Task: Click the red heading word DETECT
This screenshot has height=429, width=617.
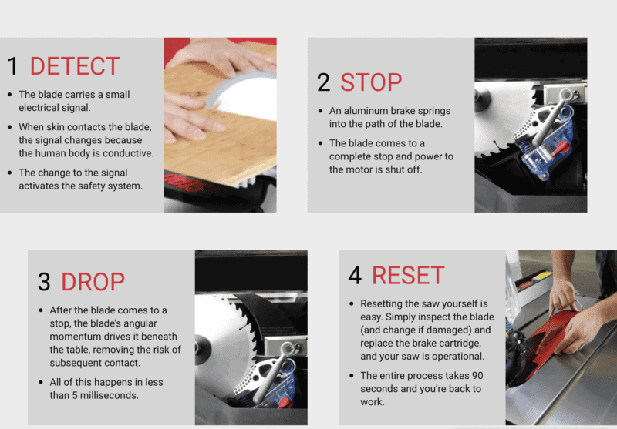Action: (x=75, y=66)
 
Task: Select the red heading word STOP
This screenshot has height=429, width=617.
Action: (x=371, y=82)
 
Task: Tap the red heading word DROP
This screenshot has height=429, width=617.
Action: (x=93, y=281)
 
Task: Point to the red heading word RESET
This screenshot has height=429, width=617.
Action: (x=407, y=276)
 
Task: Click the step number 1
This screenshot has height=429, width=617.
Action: (x=12, y=66)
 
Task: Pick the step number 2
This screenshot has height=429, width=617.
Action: (x=325, y=82)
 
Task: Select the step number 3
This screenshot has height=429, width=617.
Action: (x=44, y=281)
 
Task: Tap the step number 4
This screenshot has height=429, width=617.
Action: (x=356, y=276)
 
